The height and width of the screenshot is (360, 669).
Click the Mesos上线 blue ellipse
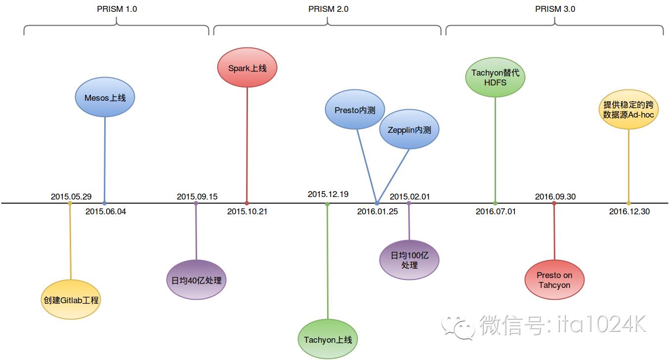105,98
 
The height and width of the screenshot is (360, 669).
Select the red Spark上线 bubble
247,68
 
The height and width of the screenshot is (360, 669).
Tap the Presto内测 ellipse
355,110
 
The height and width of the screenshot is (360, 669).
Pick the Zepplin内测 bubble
409,130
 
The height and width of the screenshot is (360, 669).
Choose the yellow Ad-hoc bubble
628,110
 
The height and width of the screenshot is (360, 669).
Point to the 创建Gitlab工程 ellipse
71,300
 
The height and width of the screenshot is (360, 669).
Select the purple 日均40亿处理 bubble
196,280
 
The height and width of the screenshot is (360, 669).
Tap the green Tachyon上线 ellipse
328,340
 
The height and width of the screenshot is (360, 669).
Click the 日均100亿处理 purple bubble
409,260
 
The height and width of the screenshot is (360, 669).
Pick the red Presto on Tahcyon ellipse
554,280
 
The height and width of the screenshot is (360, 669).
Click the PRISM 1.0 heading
117,9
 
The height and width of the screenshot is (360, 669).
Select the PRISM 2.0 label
328,9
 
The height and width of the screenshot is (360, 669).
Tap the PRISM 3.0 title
555,9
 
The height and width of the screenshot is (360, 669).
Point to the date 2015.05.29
71,197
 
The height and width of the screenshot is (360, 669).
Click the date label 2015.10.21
247,211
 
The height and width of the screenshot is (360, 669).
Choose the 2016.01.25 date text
377,211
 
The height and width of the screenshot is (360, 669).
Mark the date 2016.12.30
629,211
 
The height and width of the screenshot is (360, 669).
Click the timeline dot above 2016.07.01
495,203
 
